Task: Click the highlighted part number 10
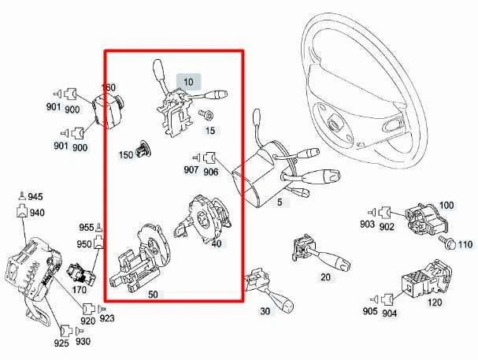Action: click(x=189, y=82)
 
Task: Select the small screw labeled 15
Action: click(x=209, y=115)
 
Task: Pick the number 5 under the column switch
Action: click(x=279, y=202)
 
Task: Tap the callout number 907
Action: click(x=191, y=170)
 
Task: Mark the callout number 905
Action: click(x=369, y=312)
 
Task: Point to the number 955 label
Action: click(x=86, y=227)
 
